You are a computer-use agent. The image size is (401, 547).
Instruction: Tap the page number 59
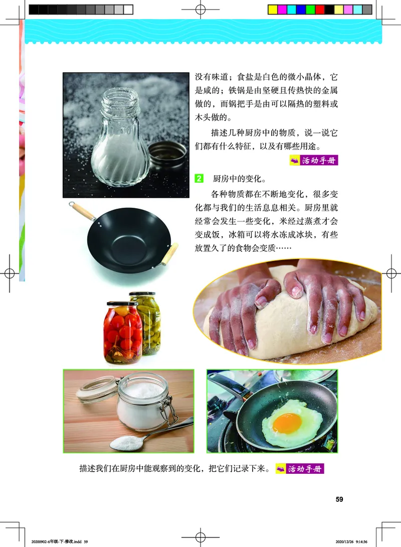click(x=339, y=499)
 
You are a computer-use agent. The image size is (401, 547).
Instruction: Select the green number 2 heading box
click(x=198, y=178)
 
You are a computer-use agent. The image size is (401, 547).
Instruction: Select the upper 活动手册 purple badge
click(x=314, y=161)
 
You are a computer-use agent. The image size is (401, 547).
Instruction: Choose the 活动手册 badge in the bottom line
click(x=300, y=469)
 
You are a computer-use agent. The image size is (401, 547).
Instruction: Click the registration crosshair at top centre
click(x=200, y=9)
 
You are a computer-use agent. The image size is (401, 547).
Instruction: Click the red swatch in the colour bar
click(x=319, y=10)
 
